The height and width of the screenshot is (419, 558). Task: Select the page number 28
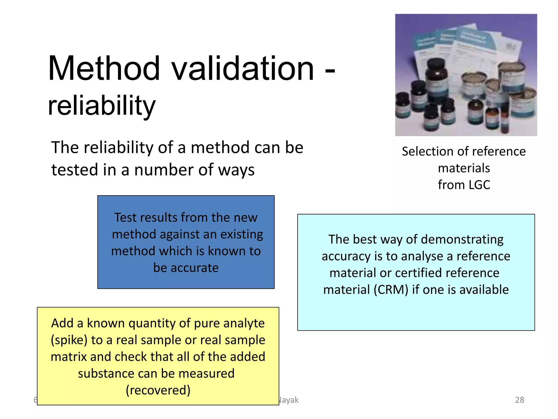point(519,400)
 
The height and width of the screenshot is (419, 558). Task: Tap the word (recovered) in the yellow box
point(158,390)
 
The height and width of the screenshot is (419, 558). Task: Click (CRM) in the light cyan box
point(391,290)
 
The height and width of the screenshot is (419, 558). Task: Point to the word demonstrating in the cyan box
point(462,240)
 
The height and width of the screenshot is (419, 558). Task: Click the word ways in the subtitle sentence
point(236,170)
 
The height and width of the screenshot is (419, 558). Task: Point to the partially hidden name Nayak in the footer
point(289,400)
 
